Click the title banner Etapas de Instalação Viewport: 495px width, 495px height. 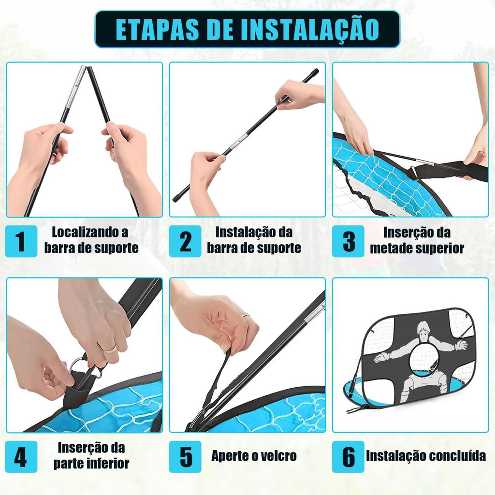[x=247, y=29]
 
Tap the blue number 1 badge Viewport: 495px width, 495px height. [x=21, y=241]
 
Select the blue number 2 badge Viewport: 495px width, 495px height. [x=185, y=241]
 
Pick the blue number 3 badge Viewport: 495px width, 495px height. [x=348, y=241]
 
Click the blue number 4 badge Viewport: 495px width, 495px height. [x=21, y=457]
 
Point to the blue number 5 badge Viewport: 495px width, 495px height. [x=185, y=457]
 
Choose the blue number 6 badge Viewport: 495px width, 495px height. [x=348, y=457]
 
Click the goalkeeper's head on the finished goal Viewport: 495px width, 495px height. [x=423, y=332]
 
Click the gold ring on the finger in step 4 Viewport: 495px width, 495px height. [x=109, y=349]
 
